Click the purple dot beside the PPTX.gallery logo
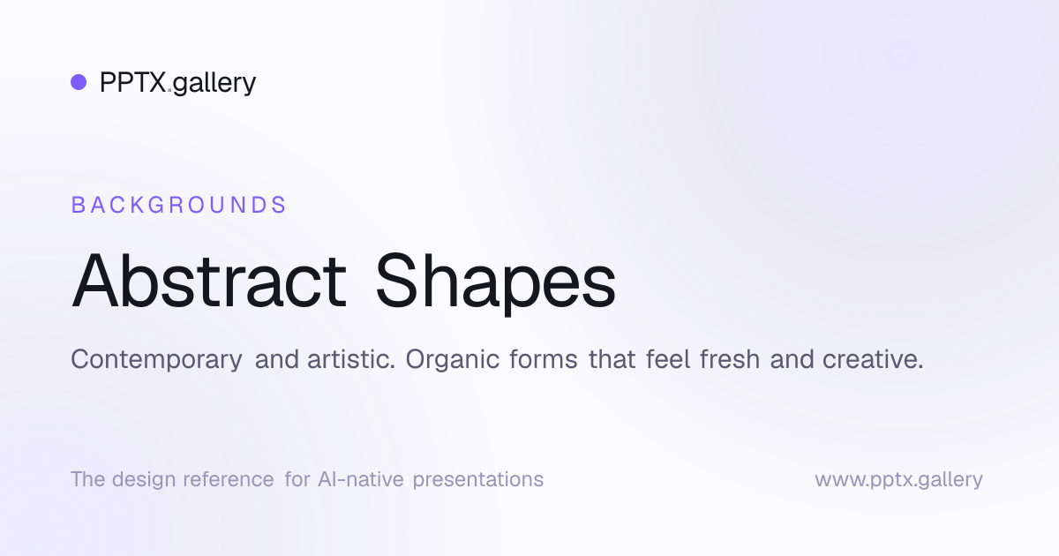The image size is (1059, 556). [79, 82]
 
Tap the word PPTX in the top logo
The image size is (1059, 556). [133, 82]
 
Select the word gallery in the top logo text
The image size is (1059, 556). [214, 84]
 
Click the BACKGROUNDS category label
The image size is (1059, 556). [178, 205]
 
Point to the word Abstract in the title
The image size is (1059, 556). [209, 281]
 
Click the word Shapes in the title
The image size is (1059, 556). [495, 283]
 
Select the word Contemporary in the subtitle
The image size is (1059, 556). [156, 360]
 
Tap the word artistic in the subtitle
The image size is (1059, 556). [351, 359]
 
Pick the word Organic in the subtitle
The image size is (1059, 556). [453, 360]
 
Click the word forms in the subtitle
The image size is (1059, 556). [544, 359]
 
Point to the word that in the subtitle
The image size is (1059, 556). [612, 359]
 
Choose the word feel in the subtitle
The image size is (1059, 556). [667, 359]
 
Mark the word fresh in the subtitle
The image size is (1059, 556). [730, 359]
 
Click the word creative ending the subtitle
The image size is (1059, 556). [873, 359]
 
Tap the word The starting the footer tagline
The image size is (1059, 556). [88, 479]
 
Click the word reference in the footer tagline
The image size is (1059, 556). [229, 479]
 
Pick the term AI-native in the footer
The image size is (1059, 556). [361, 479]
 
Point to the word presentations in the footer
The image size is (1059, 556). [478, 480]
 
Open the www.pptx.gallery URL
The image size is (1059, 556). [898, 480]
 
